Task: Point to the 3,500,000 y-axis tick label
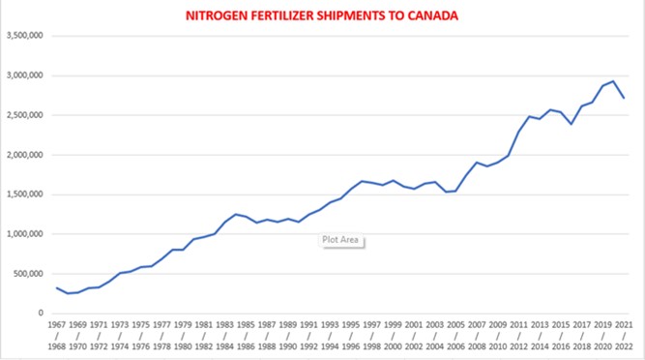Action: [x=25, y=36]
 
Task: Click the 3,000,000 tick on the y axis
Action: [x=25, y=75]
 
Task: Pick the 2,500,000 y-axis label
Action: [x=25, y=115]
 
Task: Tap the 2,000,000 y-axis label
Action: [x=25, y=155]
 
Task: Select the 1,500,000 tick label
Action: [x=25, y=195]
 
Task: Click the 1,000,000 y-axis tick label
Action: [x=25, y=234]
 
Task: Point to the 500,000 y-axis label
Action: [x=28, y=274]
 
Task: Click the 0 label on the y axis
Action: [x=41, y=314]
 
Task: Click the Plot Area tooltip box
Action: [x=340, y=240]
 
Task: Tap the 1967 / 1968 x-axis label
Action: [x=57, y=336]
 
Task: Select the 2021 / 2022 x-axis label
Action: [x=624, y=336]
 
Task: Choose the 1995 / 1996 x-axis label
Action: [x=350, y=336]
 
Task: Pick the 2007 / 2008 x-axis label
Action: [x=477, y=336]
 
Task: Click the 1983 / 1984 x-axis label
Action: [x=224, y=336]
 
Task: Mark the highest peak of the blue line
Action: [x=613, y=81]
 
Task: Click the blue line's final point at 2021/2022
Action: [x=624, y=98]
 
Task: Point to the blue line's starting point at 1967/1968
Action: [x=57, y=288]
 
